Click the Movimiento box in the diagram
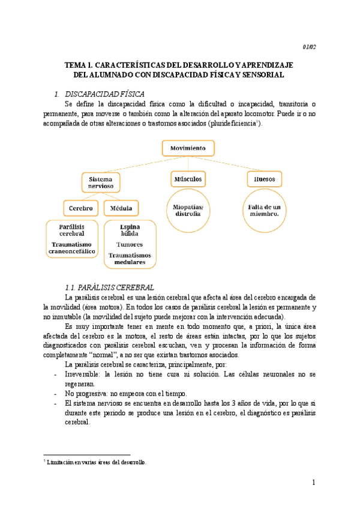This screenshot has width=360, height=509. click(188, 148)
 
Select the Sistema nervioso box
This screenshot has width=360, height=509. click(101, 183)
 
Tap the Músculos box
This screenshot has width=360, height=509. click(188, 179)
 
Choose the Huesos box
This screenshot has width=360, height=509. click(265, 179)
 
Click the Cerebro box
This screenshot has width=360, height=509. click(80, 208)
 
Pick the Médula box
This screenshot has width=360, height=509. click(121, 208)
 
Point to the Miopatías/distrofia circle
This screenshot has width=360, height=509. click(188, 210)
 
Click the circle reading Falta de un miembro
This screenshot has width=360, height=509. click(265, 210)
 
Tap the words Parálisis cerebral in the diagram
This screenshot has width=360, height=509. click(71, 230)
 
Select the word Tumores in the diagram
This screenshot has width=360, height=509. click(130, 245)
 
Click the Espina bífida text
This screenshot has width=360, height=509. click(130, 230)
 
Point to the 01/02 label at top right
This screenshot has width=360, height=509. click(308, 46)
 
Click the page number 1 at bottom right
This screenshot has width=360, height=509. click(313, 483)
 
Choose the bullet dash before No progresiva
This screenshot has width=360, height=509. click(56, 394)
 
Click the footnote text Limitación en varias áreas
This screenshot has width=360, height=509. click(96, 462)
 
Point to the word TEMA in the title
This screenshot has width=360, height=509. click(76, 64)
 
